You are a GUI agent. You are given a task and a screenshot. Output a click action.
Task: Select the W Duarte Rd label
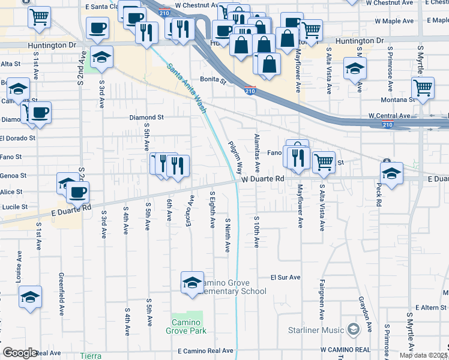(263, 179)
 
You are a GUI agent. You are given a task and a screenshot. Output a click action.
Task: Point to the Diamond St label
(147, 118)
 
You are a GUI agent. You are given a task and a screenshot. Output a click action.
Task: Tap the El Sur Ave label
(285, 278)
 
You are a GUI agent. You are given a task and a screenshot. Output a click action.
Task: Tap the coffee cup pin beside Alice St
(77, 193)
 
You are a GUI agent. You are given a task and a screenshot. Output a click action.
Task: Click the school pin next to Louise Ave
(30, 297)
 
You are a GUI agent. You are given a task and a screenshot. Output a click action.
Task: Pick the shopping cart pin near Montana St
(424, 88)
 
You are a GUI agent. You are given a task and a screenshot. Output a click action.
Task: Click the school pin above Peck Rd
(391, 174)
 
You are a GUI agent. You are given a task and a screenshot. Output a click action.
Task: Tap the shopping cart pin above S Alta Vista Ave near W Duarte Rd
(324, 161)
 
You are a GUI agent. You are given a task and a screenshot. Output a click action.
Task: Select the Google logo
(20, 353)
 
